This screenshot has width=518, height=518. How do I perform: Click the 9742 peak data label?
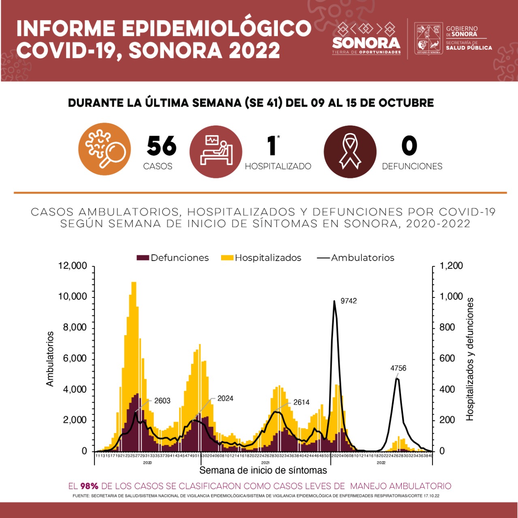click(x=348, y=301)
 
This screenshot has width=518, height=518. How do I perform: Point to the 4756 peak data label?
click(x=398, y=368)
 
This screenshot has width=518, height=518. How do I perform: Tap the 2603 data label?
click(x=162, y=401)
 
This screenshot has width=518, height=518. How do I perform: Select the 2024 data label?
click(x=225, y=399)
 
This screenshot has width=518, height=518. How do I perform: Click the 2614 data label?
click(x=301, y=402)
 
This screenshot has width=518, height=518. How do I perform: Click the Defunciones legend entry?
click(x=173, y=258)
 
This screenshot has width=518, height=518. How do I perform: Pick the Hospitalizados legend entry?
click(x=261, y=258)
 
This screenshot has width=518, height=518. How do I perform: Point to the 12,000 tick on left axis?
click(x=72, y=266)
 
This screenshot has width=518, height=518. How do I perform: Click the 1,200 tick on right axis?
click(x=451, y=266)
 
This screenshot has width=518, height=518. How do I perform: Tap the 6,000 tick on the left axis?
click(x=75, y=359)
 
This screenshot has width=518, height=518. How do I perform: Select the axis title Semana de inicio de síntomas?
click(x=263, y=470)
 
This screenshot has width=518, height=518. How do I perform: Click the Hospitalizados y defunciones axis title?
click(x=470, y=359)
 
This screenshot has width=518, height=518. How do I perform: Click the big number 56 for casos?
click(x=162, y=146)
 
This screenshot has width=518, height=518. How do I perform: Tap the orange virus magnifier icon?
click(x=104, y=149)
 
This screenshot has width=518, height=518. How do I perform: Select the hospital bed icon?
click(x=216, y=151)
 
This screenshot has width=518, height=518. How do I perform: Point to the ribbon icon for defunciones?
click(x=350, y=152)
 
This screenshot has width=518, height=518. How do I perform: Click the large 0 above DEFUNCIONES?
click(x=409, y=146)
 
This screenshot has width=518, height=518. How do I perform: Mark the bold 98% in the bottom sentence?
click(x=89, y=486)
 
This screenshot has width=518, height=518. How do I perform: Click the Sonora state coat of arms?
click(x=428, y=39)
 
